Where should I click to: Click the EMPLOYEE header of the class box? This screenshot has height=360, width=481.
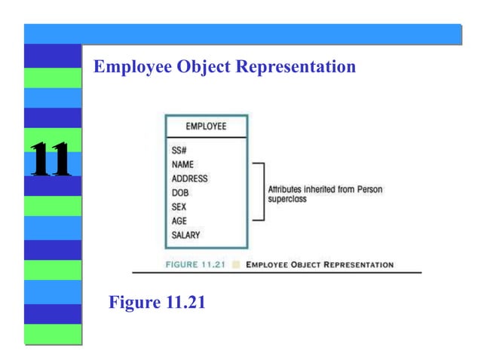(206, 127)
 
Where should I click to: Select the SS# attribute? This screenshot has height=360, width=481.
(179, 150)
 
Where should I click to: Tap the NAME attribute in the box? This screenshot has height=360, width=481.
(182, 164)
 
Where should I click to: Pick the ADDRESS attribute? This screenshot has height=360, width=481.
(189, 178)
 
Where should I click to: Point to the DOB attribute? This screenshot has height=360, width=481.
(180, 193)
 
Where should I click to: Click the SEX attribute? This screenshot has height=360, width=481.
(179, 206)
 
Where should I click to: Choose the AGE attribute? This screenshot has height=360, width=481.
(179, 221)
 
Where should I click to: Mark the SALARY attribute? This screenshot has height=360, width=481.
(185, 235)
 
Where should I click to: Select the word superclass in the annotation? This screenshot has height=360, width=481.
(287, 200)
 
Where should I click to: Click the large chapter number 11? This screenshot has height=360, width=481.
(50, 159)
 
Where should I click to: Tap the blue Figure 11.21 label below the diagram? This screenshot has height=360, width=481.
(157, 303)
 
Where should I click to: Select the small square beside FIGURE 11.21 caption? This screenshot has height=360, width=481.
(237, 264)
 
